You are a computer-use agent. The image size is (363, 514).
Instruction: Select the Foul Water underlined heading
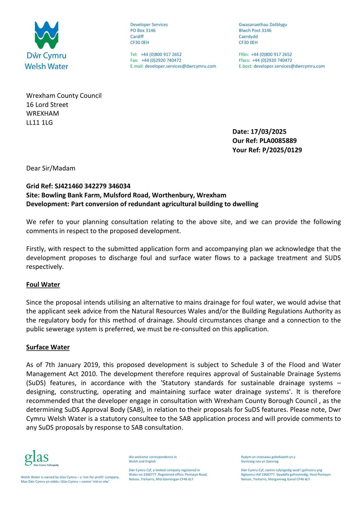pyautogui.click(x=43, y=285)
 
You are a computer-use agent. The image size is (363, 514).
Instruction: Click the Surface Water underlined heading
pyautogui.click(x=48, y=347)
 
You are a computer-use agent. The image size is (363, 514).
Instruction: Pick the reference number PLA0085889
pyautogui.click(x=278, y=141)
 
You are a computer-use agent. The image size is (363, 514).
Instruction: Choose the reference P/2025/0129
pyautogui.click(x=282, y=150)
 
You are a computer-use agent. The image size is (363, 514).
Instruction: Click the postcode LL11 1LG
pyautogui.click(x=39, y=122)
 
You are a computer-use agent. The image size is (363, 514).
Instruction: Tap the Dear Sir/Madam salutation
pyautogui.click(x=51, y=168)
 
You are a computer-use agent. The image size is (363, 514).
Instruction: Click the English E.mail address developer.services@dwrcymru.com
pyautogui.click(x=180, y=66)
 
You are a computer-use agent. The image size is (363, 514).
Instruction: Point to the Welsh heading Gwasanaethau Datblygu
pyautogui.click(x=263, y=25)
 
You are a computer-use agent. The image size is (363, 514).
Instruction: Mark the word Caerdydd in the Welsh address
pyautogui.click(x=248, y=37)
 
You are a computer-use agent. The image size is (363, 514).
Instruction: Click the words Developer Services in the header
pyautogui.click(x=149, y=25)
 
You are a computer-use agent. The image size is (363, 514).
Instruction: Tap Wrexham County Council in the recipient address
pyautogui.click(x=64, y=96)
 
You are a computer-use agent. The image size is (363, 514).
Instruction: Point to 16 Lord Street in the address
pyautogui.click(x=47, y=105)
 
